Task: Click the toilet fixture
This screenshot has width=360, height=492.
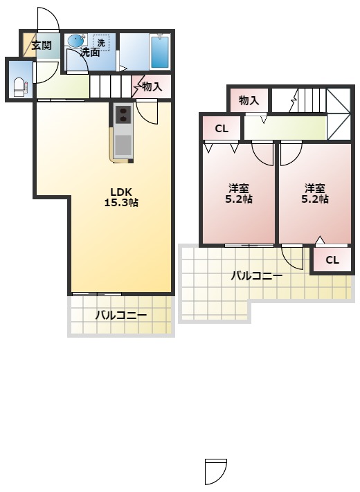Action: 20,87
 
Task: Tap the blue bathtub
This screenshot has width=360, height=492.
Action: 160,52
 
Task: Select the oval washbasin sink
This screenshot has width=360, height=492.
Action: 76,40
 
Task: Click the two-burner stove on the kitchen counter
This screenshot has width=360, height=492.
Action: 123,115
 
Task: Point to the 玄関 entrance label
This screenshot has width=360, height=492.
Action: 41,46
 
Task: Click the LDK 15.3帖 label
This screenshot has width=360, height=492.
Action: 121,197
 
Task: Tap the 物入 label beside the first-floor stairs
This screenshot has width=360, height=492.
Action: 152,86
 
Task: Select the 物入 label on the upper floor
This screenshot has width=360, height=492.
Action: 249,101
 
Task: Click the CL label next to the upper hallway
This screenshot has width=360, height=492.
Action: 222,129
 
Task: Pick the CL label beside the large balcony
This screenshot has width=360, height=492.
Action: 332,260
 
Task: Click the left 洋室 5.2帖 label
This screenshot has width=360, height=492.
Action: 239,194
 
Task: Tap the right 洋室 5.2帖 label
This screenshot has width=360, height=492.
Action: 315,194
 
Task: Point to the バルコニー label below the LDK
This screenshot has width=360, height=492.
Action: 121,315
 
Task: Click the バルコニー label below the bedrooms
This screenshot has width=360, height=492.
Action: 257,276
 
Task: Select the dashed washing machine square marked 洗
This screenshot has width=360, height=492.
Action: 101,43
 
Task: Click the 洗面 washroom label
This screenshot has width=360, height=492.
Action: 91,53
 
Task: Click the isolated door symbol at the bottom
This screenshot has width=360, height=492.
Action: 215,471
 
